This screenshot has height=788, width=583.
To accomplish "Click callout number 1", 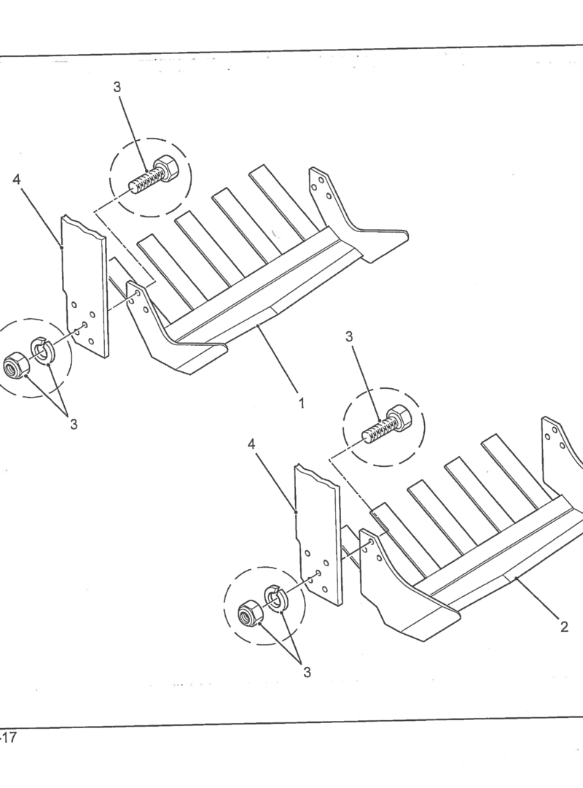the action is tap(301, 403).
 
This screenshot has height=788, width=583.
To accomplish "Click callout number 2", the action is tap(564, 627).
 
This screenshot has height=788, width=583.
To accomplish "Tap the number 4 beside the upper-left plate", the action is tap(17, 179).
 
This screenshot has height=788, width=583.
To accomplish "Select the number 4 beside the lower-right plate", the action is tap(251, 444).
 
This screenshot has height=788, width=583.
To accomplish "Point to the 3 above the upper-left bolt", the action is tap(117, 87).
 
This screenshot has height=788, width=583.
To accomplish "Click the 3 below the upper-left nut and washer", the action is tap(74, 424).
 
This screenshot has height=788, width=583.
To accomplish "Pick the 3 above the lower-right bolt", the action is tap(350, 336).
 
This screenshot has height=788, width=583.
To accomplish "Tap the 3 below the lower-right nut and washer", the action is tap(307, 672).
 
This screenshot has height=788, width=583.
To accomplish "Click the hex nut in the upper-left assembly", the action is tap(15, 364).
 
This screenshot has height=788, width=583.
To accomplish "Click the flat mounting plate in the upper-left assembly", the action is tap(85, 287).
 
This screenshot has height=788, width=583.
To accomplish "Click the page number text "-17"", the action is tap(9, 738).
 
